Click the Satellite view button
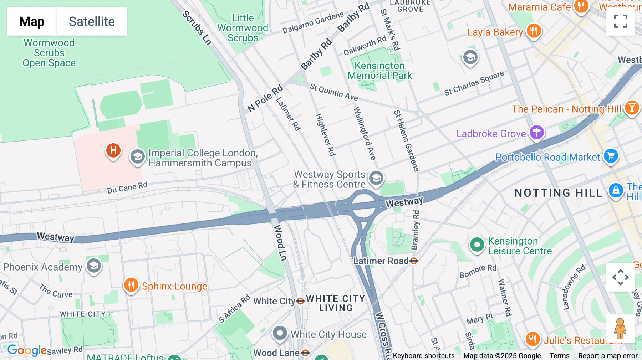tap(92, 21)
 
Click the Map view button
tap(32, 21)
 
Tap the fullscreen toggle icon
tap(620, 21)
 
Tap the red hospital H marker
tap(113, 150)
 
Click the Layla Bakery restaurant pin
tap(533, 31)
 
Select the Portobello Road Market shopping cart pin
tap(611, 156)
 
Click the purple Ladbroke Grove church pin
tap(536, 133)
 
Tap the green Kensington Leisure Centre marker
tap(477, 245)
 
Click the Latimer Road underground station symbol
tap(414, 261)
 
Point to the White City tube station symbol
tap(300, 301)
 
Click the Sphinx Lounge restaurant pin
tap(131, 285)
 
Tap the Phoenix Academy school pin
tap(94, 266)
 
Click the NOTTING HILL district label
tap(558, 193)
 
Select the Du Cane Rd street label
tap(127, 187)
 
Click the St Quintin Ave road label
tap(333, 92)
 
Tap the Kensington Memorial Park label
tap(379, 71)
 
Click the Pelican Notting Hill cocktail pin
tap(632, 108)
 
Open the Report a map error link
tap(608, 356)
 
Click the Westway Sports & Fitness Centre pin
tap(376, 178)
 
